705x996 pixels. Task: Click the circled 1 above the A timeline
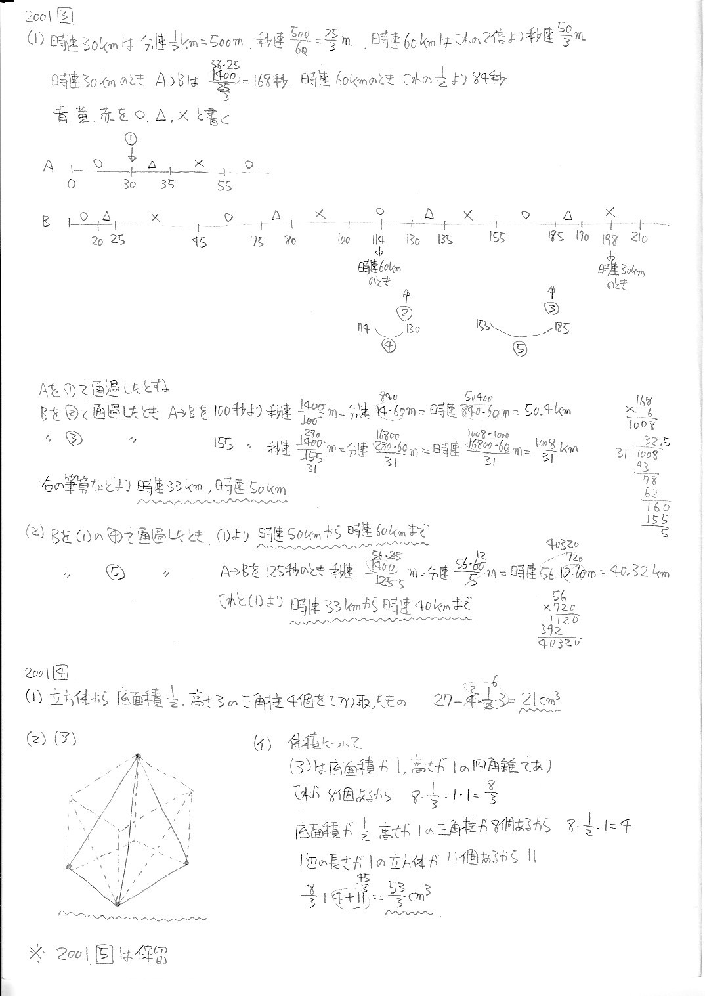130,139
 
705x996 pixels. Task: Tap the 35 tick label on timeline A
167,185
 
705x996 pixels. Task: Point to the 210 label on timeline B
639,239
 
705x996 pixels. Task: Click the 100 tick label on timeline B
343,240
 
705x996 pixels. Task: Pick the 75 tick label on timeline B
257,242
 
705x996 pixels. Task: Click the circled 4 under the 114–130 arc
389,348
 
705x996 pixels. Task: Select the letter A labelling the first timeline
48,166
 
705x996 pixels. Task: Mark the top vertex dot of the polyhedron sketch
138,756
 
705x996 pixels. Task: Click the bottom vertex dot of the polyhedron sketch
117,905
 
